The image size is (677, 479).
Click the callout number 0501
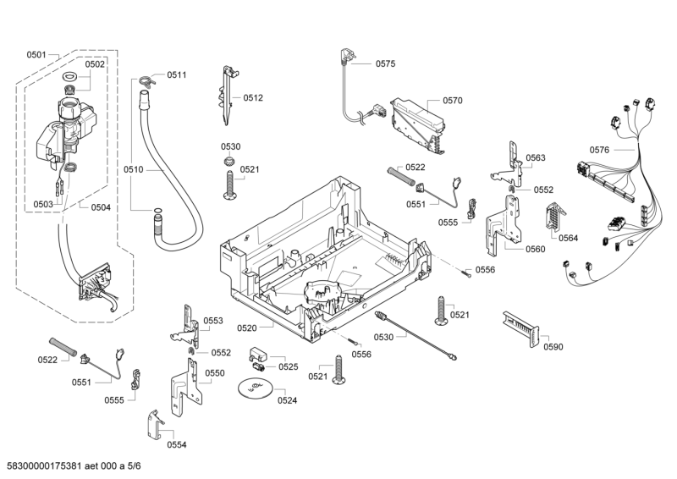click(36, 55)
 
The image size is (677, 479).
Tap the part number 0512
click(252, 98)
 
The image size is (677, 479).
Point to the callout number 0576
click(599, 150)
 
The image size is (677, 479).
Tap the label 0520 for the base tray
click(247, 328)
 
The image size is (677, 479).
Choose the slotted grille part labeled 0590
click(518, 325)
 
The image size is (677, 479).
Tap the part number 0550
click(214, 373)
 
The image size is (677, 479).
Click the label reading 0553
click(212, 321)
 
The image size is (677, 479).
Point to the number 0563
click(535, 158)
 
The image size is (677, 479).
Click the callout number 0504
click(101, 206)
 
